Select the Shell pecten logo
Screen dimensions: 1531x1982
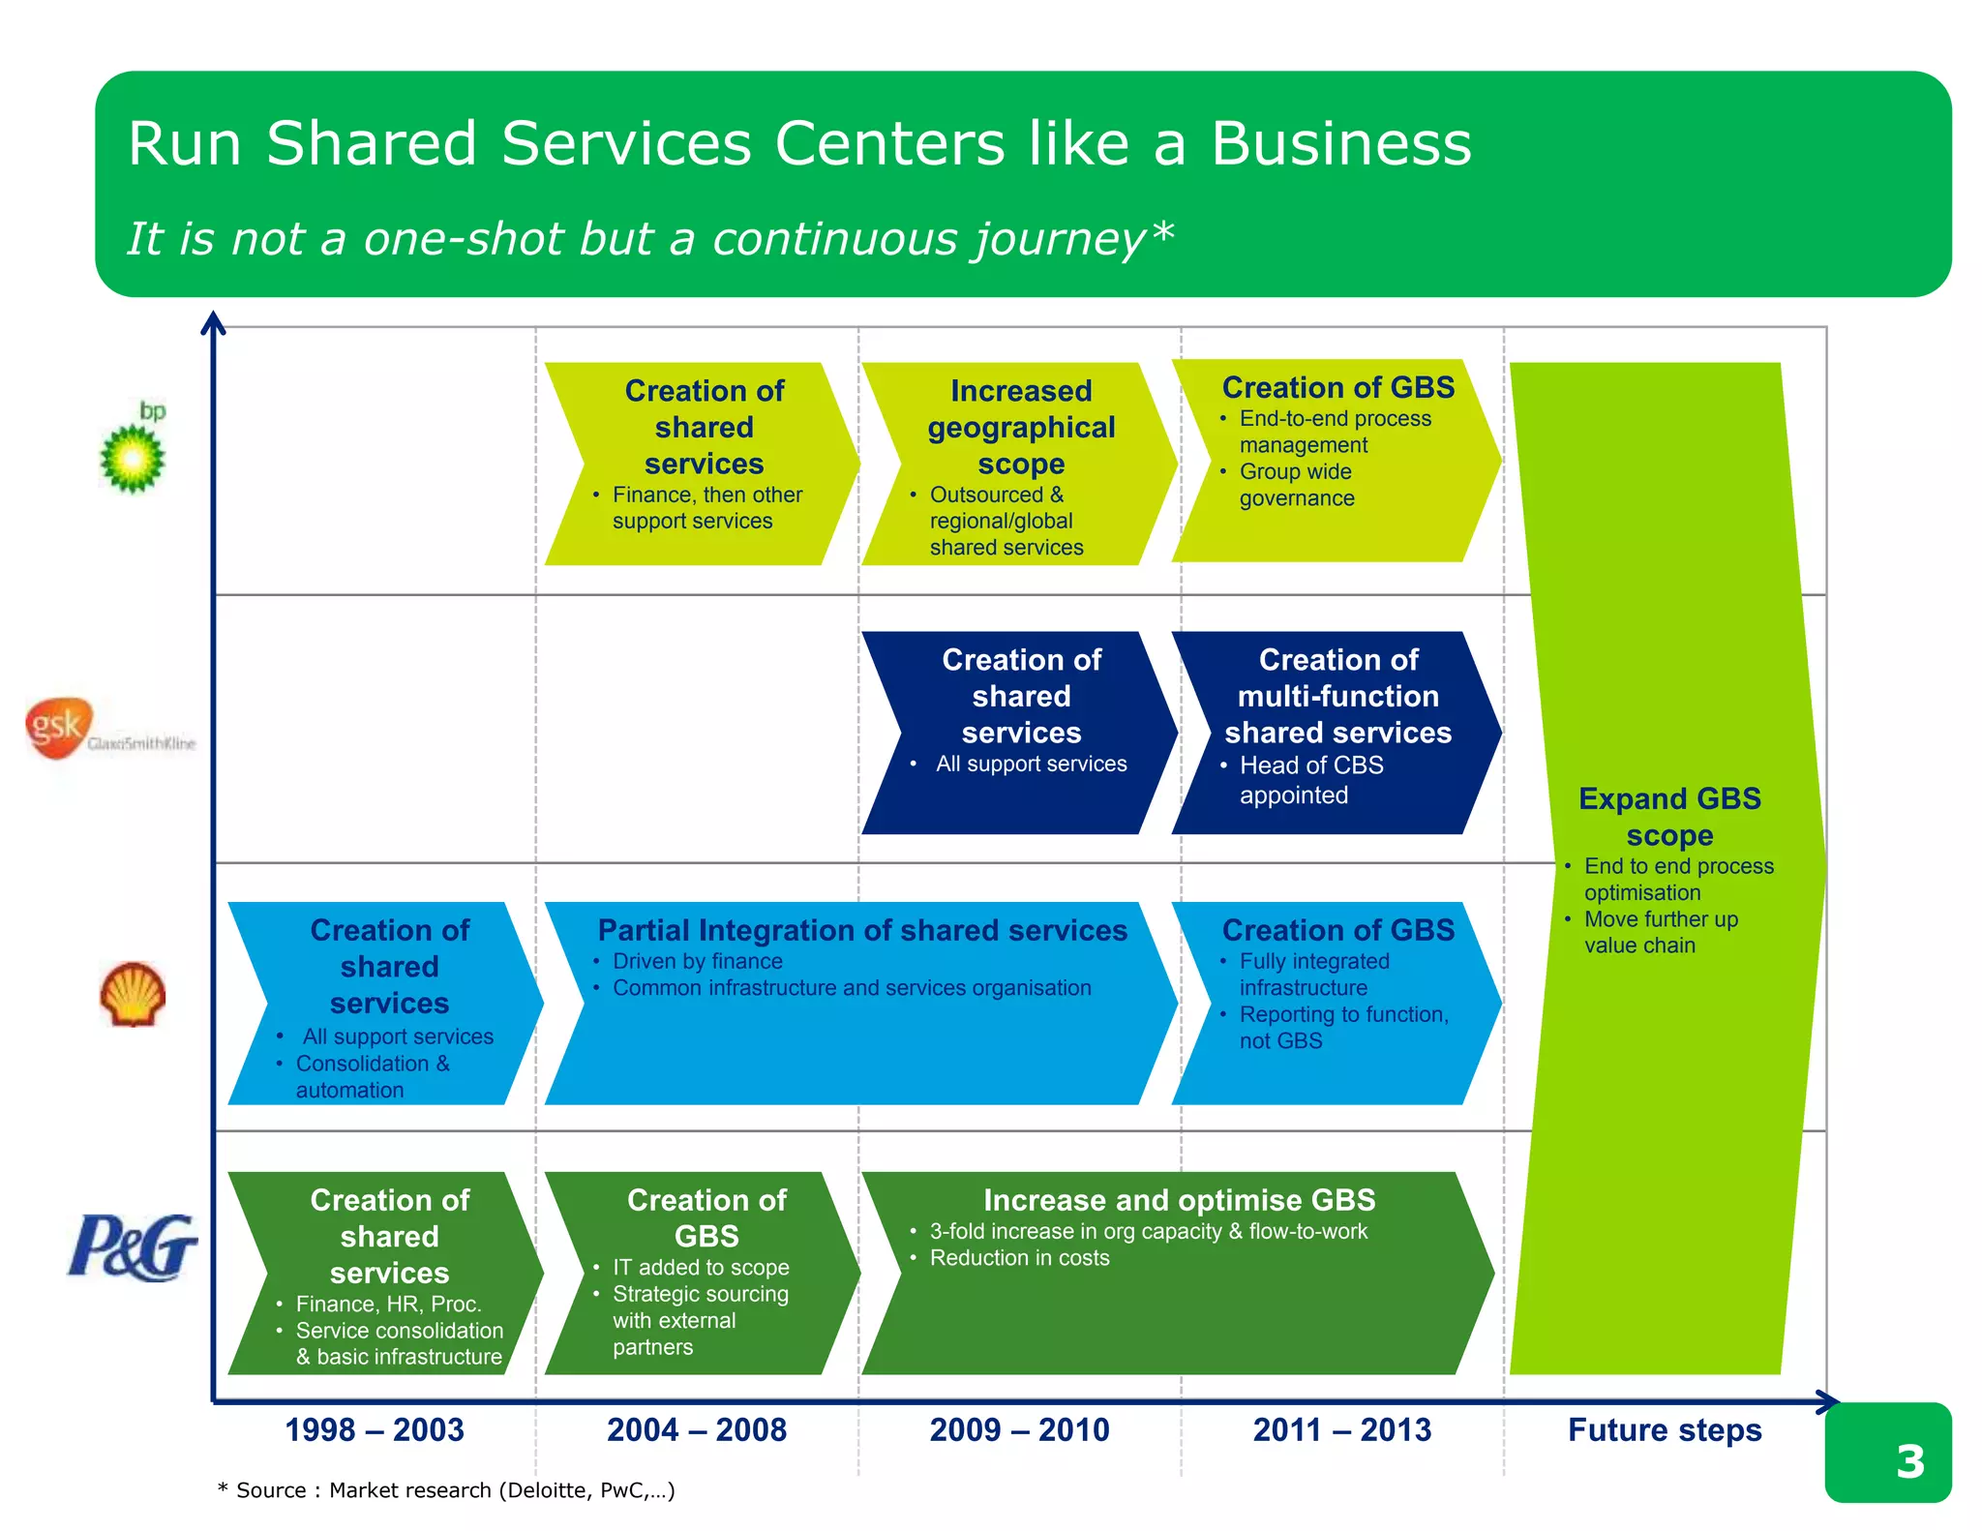tap(134, 994)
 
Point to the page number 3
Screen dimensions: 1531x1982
tap(1909, 1461)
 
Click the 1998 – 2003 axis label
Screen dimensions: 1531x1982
tap(375, 1429)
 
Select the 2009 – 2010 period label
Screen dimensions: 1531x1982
tap(1019, 1429)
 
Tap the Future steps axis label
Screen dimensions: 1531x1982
tap(1665, 1429)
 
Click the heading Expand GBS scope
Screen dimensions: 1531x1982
tap(1669, 817)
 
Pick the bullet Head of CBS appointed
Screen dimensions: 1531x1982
tap(1311, 780)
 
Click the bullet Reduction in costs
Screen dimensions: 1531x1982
tap(1019, 1258)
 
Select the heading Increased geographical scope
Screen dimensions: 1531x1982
tap(1021, 427)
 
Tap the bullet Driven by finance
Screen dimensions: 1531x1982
tap(697, 961)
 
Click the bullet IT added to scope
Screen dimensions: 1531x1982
tap(701, 1267)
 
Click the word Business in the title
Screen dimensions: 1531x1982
tap(1340, 143)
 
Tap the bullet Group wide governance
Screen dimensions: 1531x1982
tap(1297, 485)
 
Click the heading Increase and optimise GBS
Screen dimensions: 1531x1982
tap(1179, 1200)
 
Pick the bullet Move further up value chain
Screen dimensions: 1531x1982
tap(1660, 932)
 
